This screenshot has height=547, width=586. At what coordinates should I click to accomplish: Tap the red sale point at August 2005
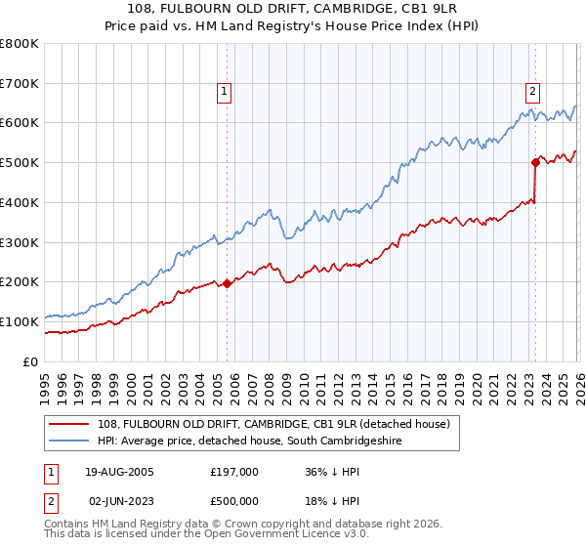point(228,283)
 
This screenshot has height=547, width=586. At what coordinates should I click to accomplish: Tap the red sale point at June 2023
point(535,162)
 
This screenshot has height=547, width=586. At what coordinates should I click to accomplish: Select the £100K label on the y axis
point(21,321)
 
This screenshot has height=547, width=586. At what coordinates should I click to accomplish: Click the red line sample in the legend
point(70,424)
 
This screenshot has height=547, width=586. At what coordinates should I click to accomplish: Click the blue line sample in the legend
point(70,442)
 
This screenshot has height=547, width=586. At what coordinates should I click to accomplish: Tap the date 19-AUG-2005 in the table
point(119,471)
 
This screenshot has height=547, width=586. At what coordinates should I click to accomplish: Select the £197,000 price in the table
point(234,471)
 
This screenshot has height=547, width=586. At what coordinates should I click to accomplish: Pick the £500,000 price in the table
point(234,500)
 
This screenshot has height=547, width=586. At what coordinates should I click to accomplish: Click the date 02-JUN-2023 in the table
point(119,500)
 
